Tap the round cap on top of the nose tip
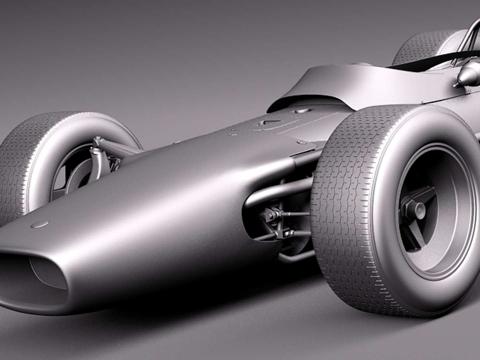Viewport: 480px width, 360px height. coord(40,224)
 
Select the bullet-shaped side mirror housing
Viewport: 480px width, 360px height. coord(468,75)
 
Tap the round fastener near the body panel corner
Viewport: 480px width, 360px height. coord(302,142)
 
